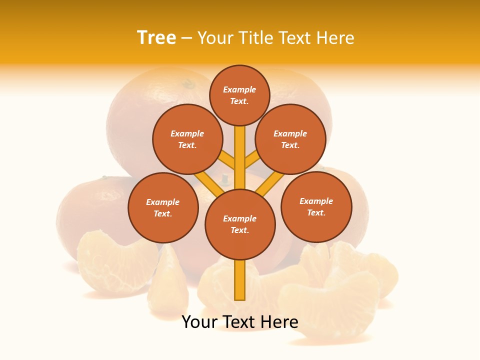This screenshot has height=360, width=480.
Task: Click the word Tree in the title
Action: (156, 37)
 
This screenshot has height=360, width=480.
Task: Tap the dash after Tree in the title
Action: (186, 38)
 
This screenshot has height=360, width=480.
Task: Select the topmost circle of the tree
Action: (239, 95)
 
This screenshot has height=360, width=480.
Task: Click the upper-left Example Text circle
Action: (187, 139)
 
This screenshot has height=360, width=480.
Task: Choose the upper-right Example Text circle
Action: (290, 139)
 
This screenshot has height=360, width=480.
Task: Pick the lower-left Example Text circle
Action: (163, 207)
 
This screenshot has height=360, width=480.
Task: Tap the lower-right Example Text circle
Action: (316, 206)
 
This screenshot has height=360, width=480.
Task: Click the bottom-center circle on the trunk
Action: (240, 224)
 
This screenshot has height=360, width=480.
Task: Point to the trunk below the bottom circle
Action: (240, 280)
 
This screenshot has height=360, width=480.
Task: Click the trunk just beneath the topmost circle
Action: (240, 137)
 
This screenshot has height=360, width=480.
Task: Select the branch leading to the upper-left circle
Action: (227, 160)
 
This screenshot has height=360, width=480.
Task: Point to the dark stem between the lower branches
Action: (225, 178)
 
